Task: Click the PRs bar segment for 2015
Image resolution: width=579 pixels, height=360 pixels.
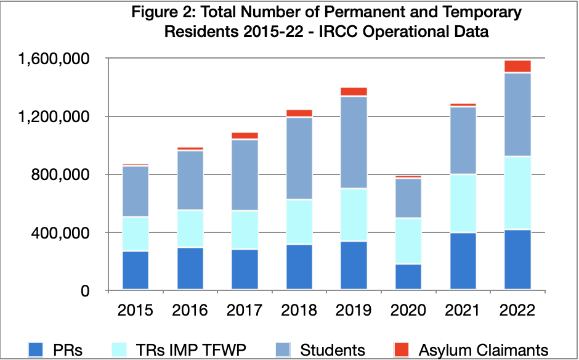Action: pyautogui.click(x=136, y=270)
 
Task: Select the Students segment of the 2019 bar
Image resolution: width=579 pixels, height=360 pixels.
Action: pyautogui.click(x=353, y=142)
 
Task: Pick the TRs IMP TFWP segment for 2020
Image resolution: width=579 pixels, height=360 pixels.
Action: pyautogui.click(x=407, y=241)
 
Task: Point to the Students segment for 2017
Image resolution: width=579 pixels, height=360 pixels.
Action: pyautogui.click(x=245, y=175)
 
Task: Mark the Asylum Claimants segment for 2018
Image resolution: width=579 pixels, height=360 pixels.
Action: pyautogui.click(x=299, y=113)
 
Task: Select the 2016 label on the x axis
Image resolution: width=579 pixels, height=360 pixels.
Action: pyautogui.click(x=190, y=309)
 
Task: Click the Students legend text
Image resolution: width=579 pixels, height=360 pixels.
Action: pyautogui.click(x=333, y=350)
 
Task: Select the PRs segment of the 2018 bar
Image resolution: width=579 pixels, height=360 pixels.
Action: pyautogui.click(x=299, y=266)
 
